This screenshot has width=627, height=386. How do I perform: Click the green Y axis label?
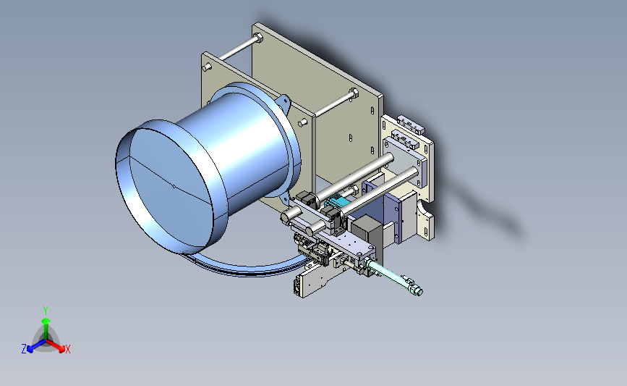46,311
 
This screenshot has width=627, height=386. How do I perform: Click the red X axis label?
67,349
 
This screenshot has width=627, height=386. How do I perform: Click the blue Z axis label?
24,349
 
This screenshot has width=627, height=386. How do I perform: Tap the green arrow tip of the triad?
46,321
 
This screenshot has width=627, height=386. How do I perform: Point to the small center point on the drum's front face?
173,185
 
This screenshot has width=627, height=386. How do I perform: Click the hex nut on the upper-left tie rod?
258,38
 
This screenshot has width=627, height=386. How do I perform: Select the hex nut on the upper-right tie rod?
354,93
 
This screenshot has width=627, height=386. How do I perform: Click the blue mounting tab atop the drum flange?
283,102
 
